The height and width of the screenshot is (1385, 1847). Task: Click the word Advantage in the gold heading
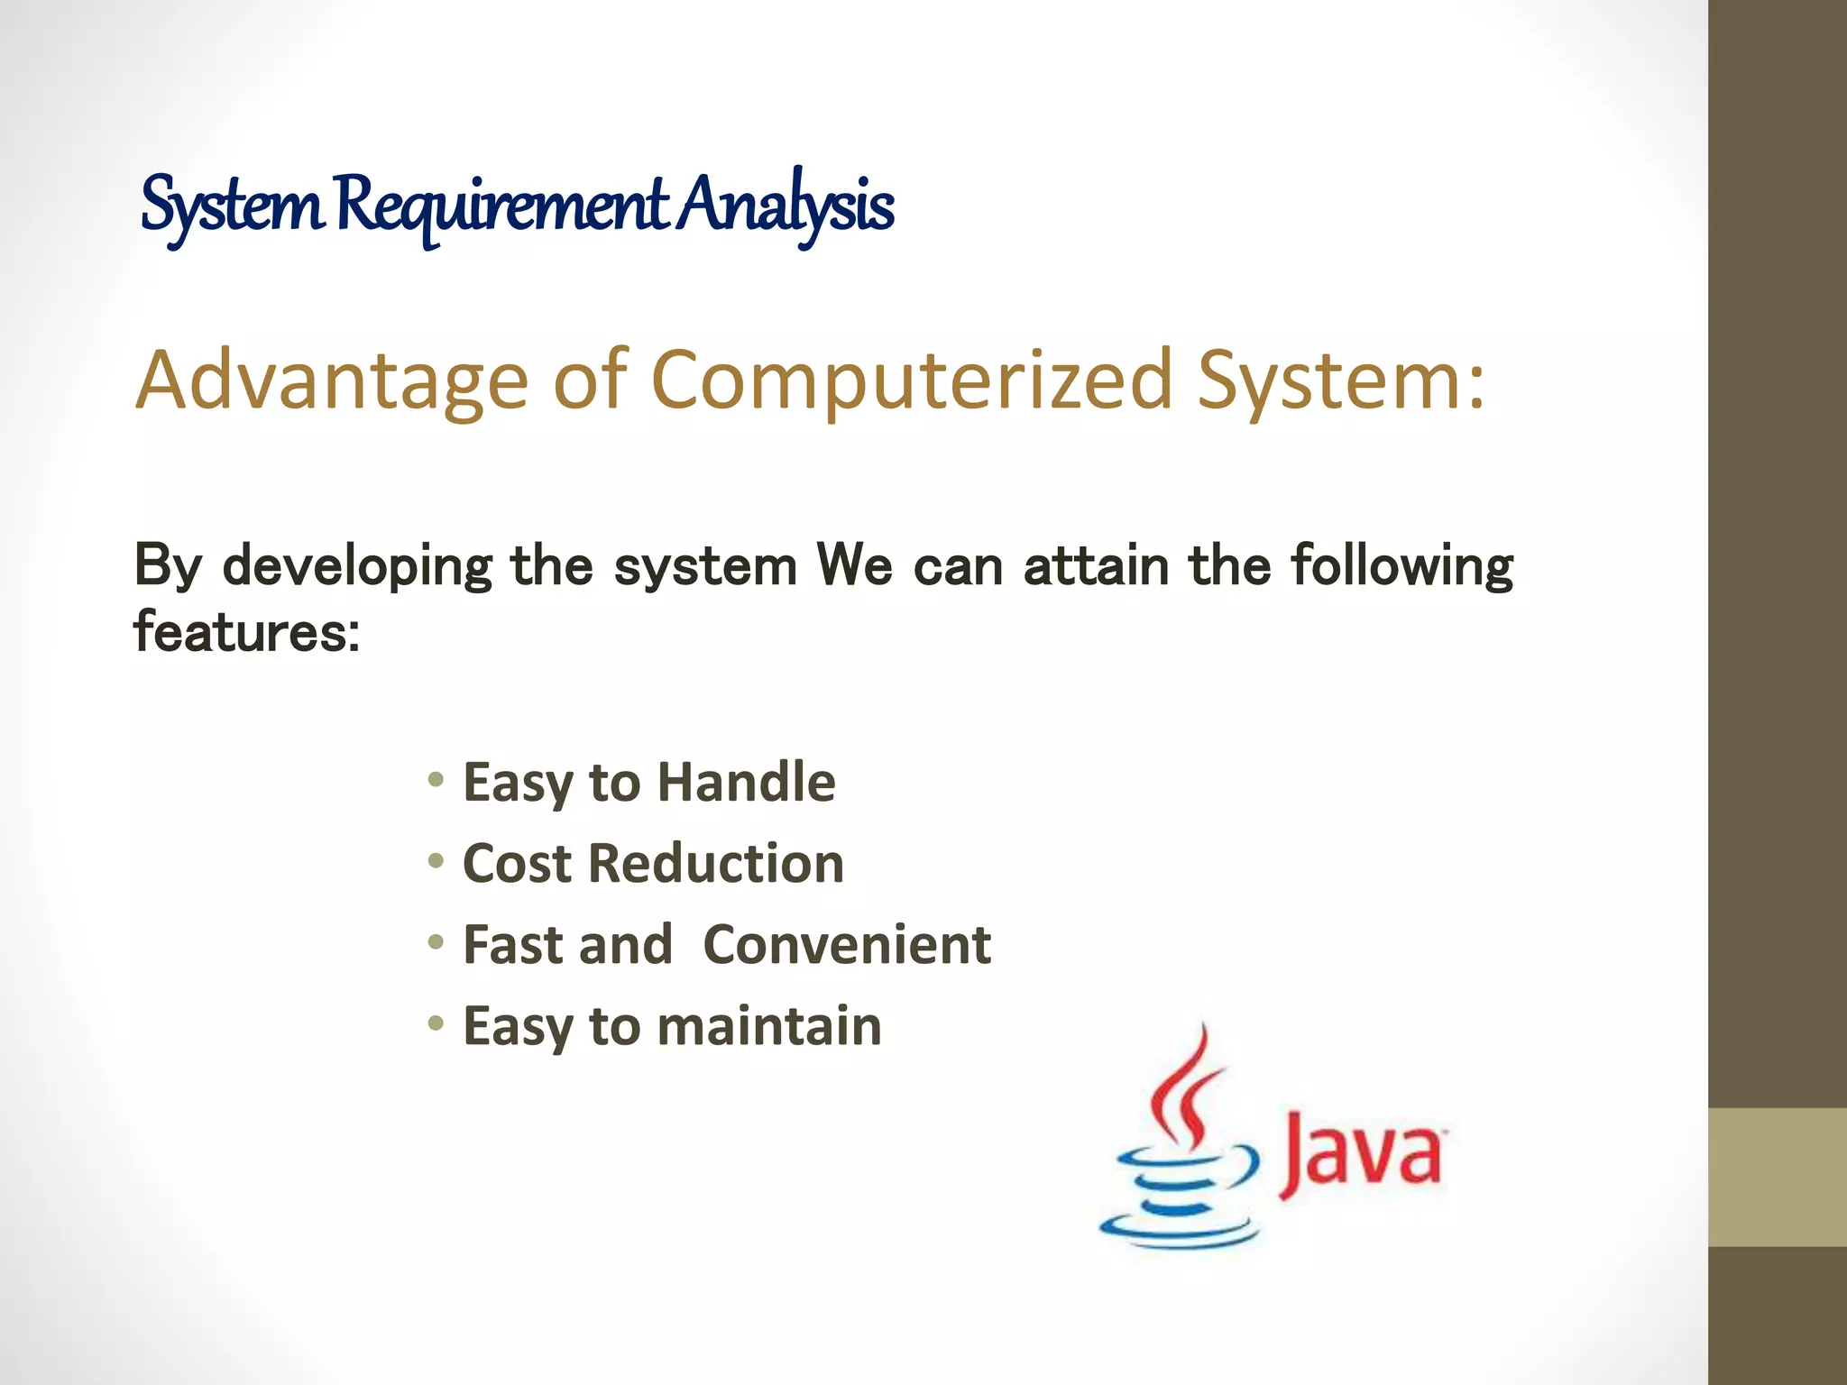pos(331,381)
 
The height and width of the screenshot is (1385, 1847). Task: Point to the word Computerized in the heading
pos(911,381)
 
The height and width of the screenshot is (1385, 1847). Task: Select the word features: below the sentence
pos(246,631)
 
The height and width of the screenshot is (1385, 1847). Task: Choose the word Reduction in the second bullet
pos(716,863)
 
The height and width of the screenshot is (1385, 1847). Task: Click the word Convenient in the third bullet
pos(847,944)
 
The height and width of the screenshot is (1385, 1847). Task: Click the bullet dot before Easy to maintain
pos(436,1023)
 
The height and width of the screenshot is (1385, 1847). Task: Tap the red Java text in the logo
pos(1362,1156)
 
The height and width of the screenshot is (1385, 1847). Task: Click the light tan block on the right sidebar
pos(1777,1177)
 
